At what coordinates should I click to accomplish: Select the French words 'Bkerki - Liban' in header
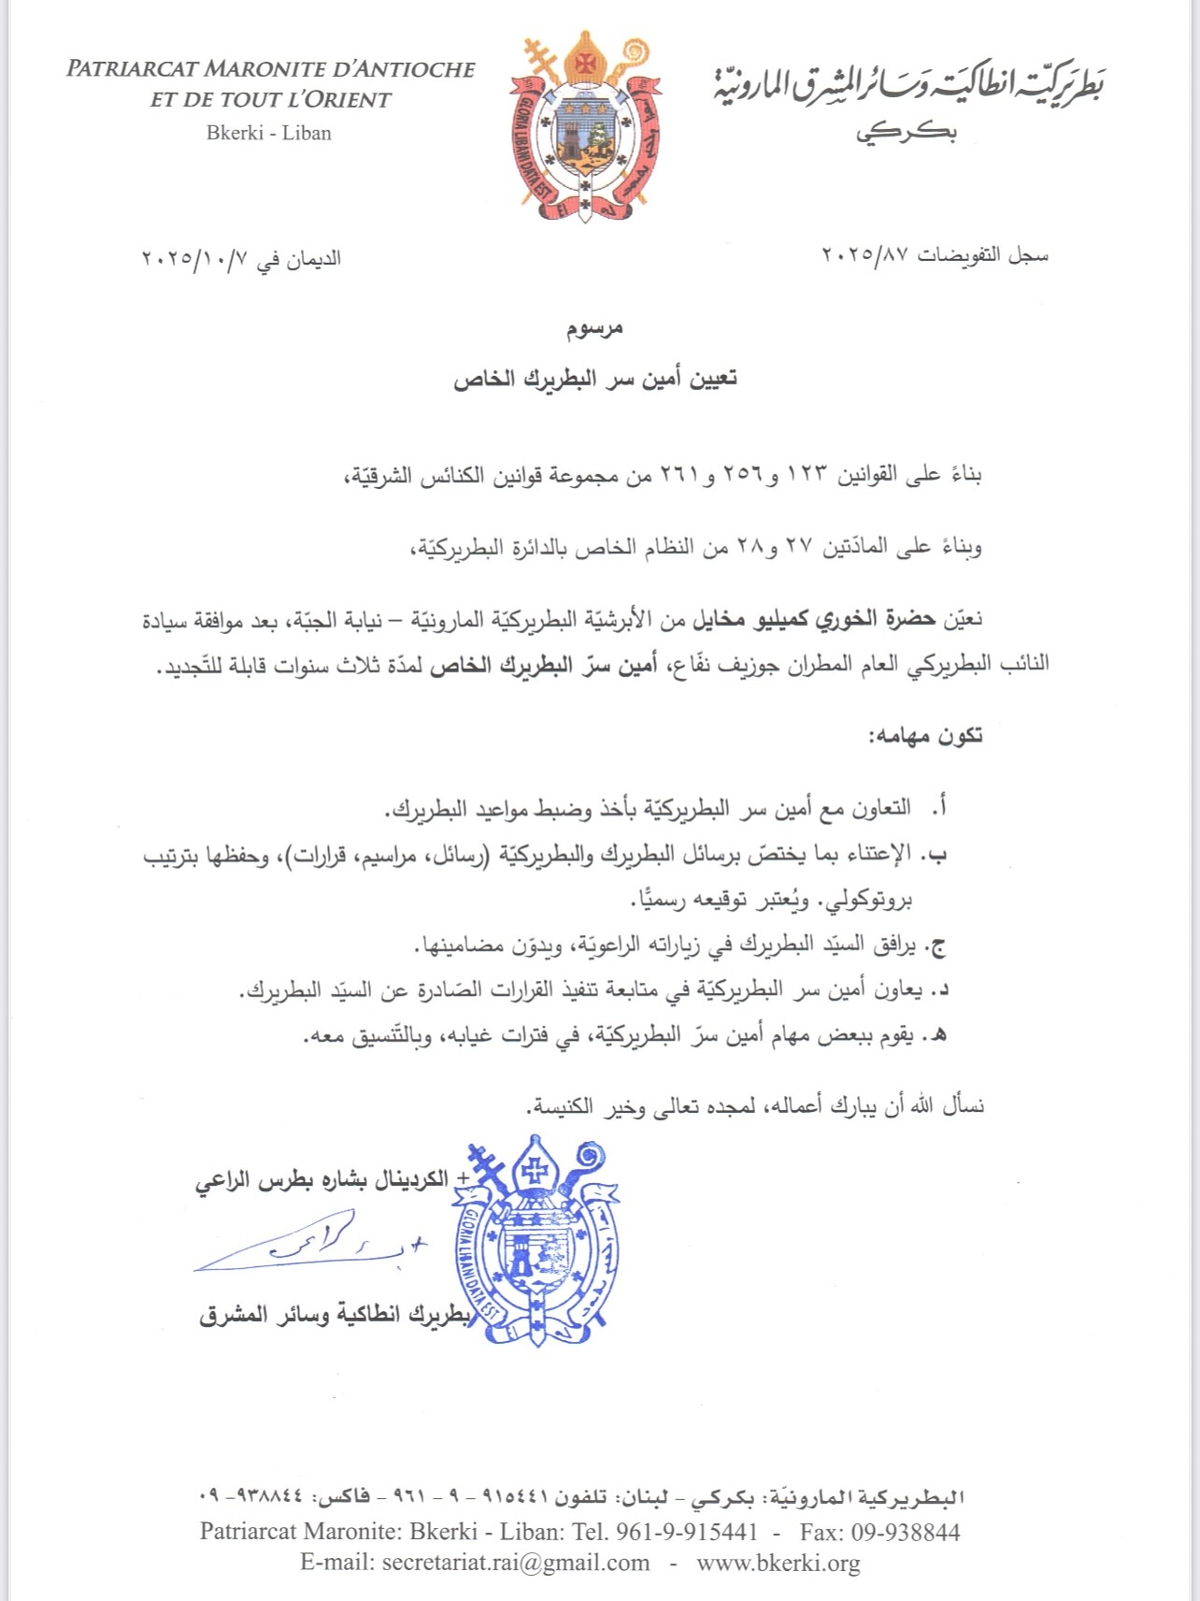point(269,133)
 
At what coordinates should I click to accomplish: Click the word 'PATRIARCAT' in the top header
point(131,69)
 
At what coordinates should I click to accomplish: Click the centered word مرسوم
point(594,328)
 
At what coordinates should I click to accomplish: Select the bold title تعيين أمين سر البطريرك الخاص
point(595,379)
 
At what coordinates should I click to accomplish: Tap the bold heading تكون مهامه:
point(925,736)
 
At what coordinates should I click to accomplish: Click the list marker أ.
point(942,806)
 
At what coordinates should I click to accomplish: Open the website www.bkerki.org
point(778,1563)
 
